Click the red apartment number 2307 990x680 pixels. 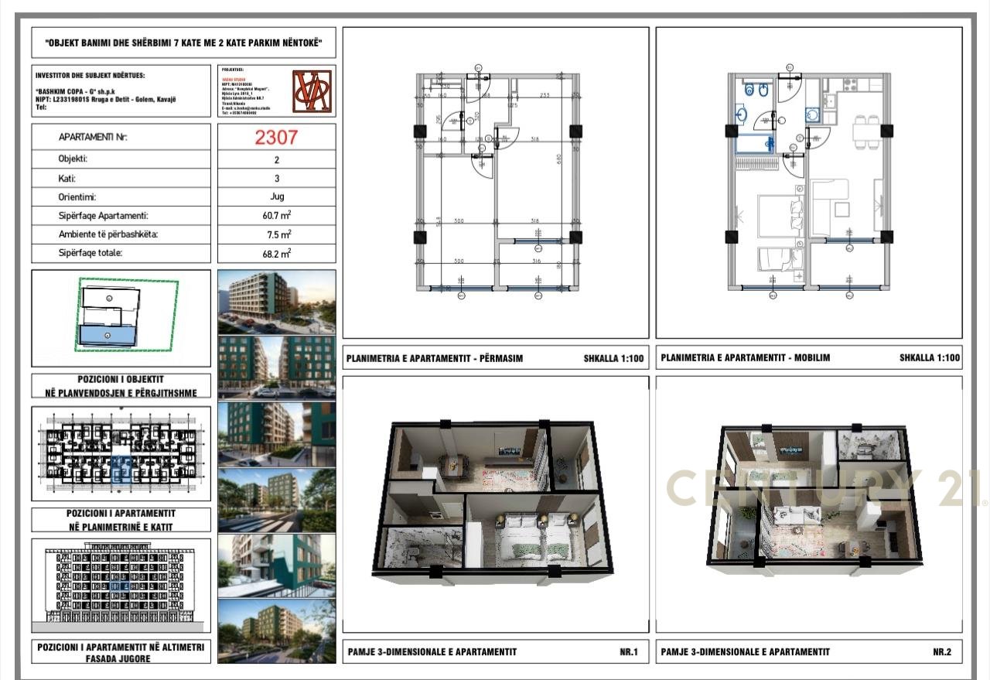click(x=276, y=137)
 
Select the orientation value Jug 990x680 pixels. click(x=276, y=197)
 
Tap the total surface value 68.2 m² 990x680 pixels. click(x=276, y=253)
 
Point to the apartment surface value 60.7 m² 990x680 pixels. click(x=276, y=216)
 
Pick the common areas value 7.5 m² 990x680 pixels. click(x=276, y=234)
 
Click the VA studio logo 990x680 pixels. click(x=312, y=91)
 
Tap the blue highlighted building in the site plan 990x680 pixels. click(x=108, y=336)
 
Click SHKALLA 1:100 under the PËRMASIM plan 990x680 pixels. click(x=613, y=359)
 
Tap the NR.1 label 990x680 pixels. click(x=628, y=652)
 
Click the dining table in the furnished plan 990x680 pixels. click(x=867, y=132)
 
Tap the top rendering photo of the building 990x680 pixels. click(x=277, y=301)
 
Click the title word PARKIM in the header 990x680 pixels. click(x=246, y=43)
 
